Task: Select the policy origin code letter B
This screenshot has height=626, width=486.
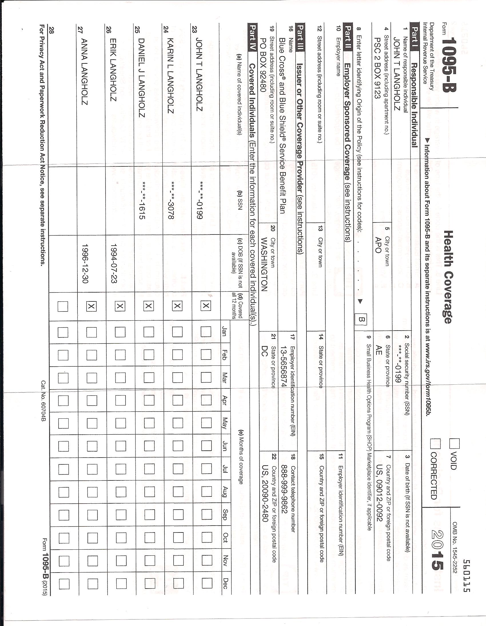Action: point(361,319)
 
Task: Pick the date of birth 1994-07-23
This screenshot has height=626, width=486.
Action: point(114,264)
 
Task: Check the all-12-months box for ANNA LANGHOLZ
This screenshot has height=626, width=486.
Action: point(91,307)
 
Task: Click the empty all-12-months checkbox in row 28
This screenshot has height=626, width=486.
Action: point(63,307)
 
